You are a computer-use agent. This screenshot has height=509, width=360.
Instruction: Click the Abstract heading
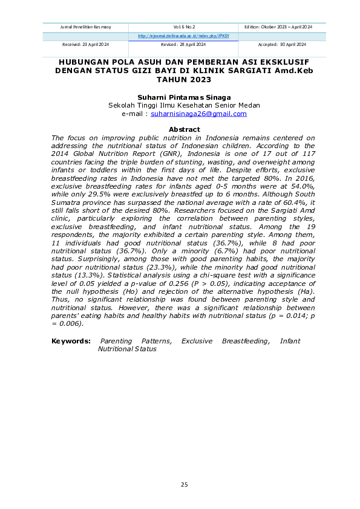tap(184, 129)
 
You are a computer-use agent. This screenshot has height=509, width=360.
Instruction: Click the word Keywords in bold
tap(71, 341)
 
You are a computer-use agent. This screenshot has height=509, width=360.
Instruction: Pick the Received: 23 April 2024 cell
tap(86, 45)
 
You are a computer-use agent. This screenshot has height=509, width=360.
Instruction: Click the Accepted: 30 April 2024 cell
tap(282, 45)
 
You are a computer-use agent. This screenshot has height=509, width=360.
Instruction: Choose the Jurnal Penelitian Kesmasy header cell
tap(86, 27)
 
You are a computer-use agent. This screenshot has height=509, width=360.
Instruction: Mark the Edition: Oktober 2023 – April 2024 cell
tap(282, 27)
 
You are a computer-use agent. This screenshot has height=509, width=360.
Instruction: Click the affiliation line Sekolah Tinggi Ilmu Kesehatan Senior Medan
tap(184, 105)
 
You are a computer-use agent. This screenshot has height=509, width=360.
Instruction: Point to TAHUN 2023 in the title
tap(184, 79)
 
